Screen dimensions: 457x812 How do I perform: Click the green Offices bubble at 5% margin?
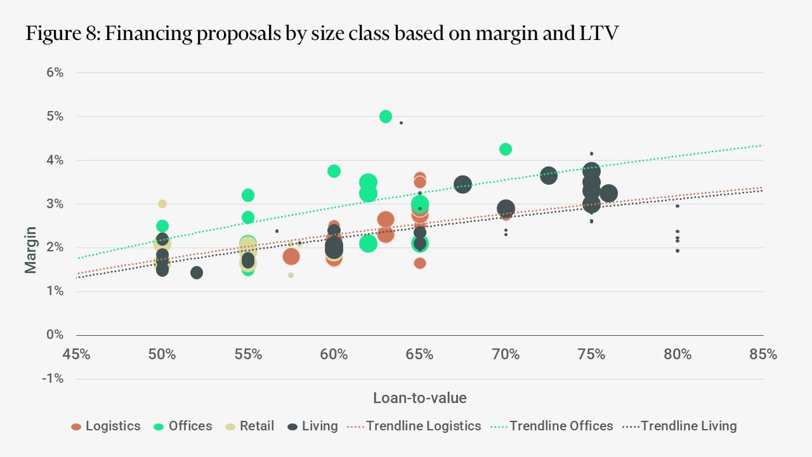[386, 117]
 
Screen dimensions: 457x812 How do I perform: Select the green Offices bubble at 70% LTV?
[506, 149]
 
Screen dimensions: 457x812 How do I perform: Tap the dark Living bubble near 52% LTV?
[197, 272]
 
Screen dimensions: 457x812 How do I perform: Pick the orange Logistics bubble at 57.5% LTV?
[291, 256]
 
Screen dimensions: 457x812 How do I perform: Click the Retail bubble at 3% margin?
[162, 204]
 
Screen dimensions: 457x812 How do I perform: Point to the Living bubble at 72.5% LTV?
[549, 176]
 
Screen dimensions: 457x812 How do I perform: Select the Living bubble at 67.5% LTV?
[463, 185]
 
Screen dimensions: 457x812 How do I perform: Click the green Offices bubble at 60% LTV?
[334, 171]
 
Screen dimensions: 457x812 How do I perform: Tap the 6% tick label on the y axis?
[55, 73]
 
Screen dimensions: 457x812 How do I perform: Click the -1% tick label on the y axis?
[53, 379]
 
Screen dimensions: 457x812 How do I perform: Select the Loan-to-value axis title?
[419, 398]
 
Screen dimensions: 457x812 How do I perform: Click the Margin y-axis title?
[30, 249]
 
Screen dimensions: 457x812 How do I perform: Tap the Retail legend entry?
[256, 426]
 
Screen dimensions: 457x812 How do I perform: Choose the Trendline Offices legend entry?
[561, 426]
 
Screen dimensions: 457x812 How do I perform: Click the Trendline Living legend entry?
[688, 426]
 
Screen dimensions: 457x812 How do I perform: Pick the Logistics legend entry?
[112, 426]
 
